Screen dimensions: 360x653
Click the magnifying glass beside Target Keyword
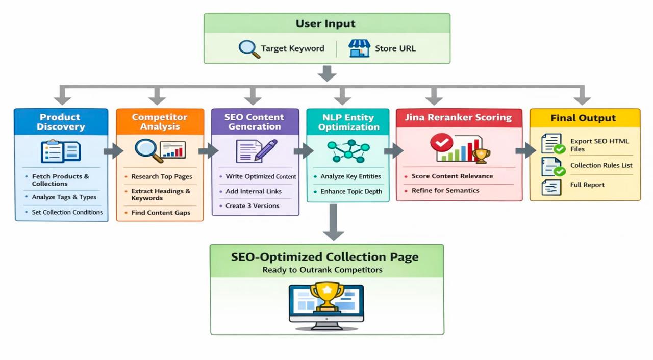[249, 48]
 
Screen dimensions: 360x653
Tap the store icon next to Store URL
[359, 48]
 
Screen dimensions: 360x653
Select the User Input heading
[325, 23]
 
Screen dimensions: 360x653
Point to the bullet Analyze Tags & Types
[64, 197]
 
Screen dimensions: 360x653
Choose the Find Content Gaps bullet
[160, 213]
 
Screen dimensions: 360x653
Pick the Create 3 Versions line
[252, 206]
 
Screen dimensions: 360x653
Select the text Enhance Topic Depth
[351, 192]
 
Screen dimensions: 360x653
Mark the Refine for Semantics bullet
[445, 191]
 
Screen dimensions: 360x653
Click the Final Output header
[584, 118]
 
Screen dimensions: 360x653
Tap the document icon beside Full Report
[551, 187]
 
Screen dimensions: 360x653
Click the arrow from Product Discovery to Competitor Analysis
[112, 151]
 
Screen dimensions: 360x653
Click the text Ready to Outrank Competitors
[322, 270]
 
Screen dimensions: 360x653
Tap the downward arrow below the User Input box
[326, 73]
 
